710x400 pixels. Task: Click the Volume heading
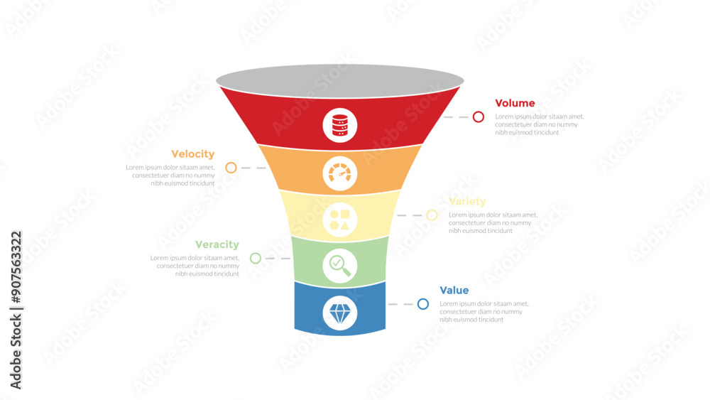pos(515,103)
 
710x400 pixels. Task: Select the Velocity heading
pos(192,154)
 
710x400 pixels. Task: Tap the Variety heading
pos(467,202)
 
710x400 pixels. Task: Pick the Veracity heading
pos(217,245)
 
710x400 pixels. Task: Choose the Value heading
pos(454,291)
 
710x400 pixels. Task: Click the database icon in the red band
pos(340,125)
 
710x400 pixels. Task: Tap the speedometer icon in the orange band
pos(340,173)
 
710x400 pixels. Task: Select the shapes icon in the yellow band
pos(340,220)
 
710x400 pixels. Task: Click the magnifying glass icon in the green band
pos(340,266)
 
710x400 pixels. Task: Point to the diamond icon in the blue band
pos(340,313)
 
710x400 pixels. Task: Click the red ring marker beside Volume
pos(479,117)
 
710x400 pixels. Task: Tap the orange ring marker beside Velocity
pos(231,168)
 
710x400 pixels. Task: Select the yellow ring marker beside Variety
pos(432,215)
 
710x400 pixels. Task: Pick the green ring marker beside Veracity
pos(256,258)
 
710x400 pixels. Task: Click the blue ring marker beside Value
pos(423,304)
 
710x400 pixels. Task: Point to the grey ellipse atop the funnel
pos(340,80)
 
